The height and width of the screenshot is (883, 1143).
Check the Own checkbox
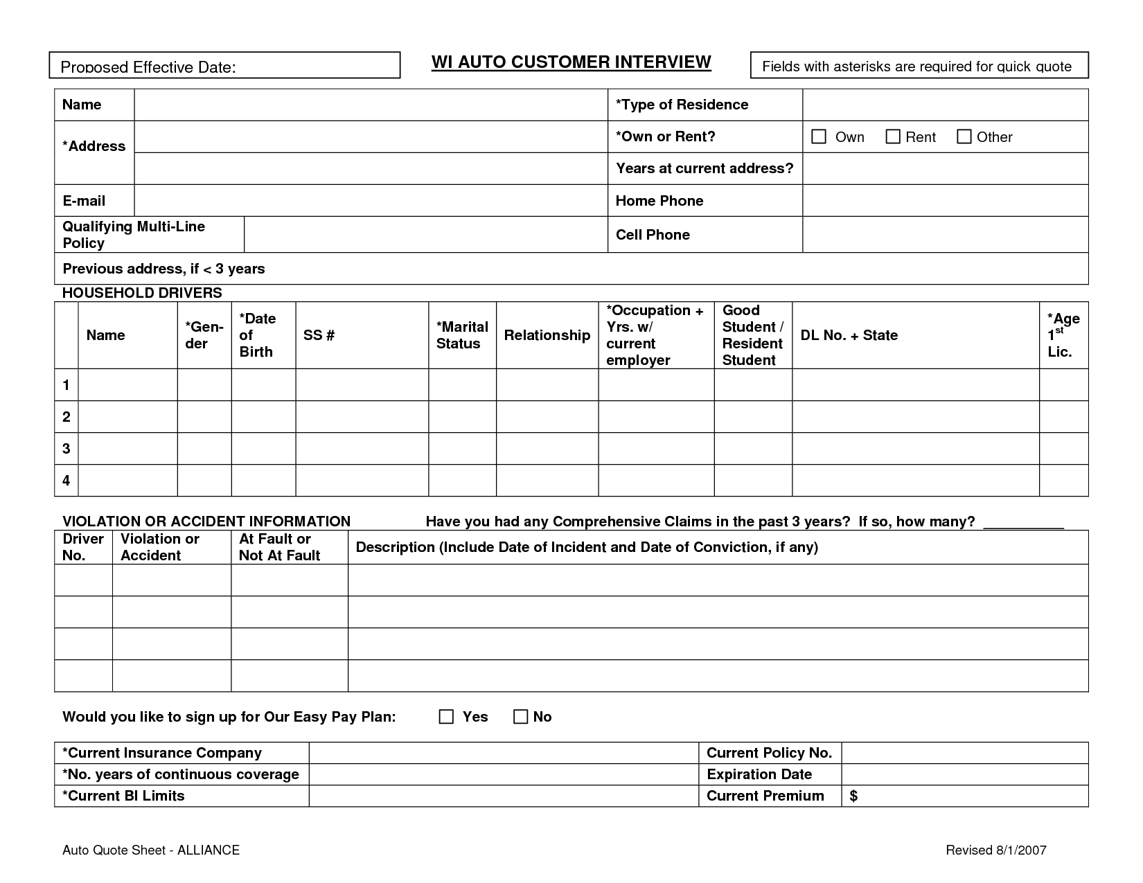pos(819,136)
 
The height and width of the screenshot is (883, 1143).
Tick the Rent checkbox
pos(893,136)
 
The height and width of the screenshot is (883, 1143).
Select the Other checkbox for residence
pos(964,136)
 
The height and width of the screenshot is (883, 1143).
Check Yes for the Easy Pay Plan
pos(446,717)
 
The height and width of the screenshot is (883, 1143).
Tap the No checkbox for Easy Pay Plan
pos(520,717)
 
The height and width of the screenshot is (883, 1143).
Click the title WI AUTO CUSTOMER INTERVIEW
pos(571,62)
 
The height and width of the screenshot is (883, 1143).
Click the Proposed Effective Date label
pos(148,67)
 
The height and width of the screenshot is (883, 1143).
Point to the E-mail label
pos(84,201)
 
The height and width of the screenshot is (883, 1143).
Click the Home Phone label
pos(659,201)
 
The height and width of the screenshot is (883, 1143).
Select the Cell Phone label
pos(652,235)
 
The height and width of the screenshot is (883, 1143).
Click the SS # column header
pos(319,335)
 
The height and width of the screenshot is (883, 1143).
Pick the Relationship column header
pos(547,335)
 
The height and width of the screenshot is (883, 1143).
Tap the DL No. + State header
pos(849,335)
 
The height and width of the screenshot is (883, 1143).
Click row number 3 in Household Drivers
pos(67,448)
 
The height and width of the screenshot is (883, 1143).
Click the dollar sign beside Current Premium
pos(853,796)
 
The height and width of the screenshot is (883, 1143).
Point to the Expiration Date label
pos(759,774)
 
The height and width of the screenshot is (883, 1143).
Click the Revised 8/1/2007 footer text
pos(995,850)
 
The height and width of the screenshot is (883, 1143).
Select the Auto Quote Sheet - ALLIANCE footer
pos(151,850)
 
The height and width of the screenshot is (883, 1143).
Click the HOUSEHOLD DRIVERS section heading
pos(142,293)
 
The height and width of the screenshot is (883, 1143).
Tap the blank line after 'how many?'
pos(1023,524)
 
